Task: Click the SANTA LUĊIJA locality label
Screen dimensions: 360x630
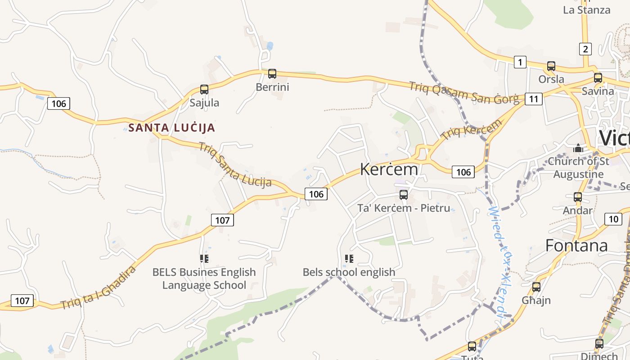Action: [171, 128]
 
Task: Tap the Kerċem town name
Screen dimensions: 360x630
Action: [389, 169]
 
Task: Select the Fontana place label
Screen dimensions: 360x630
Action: [576, 245]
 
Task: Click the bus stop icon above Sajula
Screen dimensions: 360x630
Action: [204, 90]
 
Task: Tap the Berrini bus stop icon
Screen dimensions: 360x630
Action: [272, 74]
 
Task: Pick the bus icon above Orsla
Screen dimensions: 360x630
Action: [551, 66]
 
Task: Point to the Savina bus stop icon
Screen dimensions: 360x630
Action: [598, 78]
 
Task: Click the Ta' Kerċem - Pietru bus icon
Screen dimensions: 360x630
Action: [404, 195]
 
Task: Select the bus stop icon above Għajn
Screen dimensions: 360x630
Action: [536, 287]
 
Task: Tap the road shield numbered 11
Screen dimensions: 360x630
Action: [533, 99]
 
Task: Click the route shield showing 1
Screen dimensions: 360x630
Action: [520, 62]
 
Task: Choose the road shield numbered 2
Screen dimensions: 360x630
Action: [585, 49]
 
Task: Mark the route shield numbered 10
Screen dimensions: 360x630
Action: [613, 219]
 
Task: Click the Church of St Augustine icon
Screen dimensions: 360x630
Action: [578, 148]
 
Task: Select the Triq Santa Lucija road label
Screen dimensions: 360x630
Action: [235, 165]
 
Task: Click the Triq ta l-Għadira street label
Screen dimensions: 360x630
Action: [98, 288]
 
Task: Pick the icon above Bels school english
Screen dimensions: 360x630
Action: [349, 259]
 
